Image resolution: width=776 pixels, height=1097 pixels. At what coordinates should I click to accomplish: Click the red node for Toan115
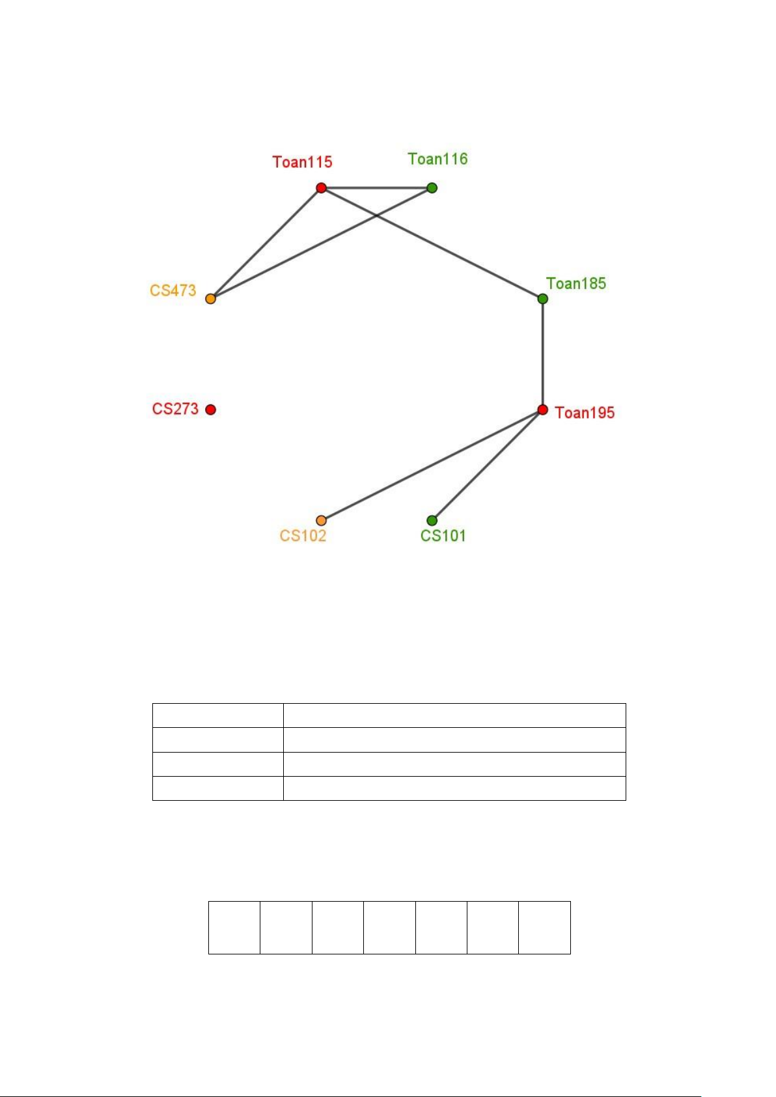[321, 188]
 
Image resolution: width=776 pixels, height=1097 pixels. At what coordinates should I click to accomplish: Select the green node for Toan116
[432, 188]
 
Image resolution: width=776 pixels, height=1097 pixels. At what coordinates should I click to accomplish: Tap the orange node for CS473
[210, 299]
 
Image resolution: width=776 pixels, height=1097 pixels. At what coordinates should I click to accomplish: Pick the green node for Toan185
[542, 299]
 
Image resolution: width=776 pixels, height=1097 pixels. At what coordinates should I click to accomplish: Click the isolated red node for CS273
[210, 410]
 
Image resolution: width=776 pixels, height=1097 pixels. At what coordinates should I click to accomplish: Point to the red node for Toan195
[542, 410]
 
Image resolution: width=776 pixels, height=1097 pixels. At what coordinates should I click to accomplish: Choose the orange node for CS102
[321, 520]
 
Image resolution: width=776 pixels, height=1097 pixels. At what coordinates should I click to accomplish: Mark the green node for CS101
[432, 520]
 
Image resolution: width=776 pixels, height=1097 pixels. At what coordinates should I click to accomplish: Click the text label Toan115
[302, 162]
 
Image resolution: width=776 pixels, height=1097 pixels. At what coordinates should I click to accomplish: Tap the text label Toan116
[437, 159]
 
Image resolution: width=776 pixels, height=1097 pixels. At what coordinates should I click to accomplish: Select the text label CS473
[173, 290]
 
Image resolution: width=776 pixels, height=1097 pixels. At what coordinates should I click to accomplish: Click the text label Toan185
[576, 283]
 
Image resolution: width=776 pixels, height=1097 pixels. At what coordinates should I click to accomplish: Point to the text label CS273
[175, 409]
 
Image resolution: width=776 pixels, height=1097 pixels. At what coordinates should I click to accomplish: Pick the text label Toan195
[585, 413]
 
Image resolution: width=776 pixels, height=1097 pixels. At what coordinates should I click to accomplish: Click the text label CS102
[303, 536]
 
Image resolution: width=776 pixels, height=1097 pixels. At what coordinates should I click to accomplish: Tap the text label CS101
[443, 536]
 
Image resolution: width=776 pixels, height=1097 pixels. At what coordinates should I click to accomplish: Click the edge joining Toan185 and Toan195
[542, 354]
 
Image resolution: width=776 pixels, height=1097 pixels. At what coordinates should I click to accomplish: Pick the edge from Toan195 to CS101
[487, 465]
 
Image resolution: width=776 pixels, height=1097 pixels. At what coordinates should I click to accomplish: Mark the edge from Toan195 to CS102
[432, 465]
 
